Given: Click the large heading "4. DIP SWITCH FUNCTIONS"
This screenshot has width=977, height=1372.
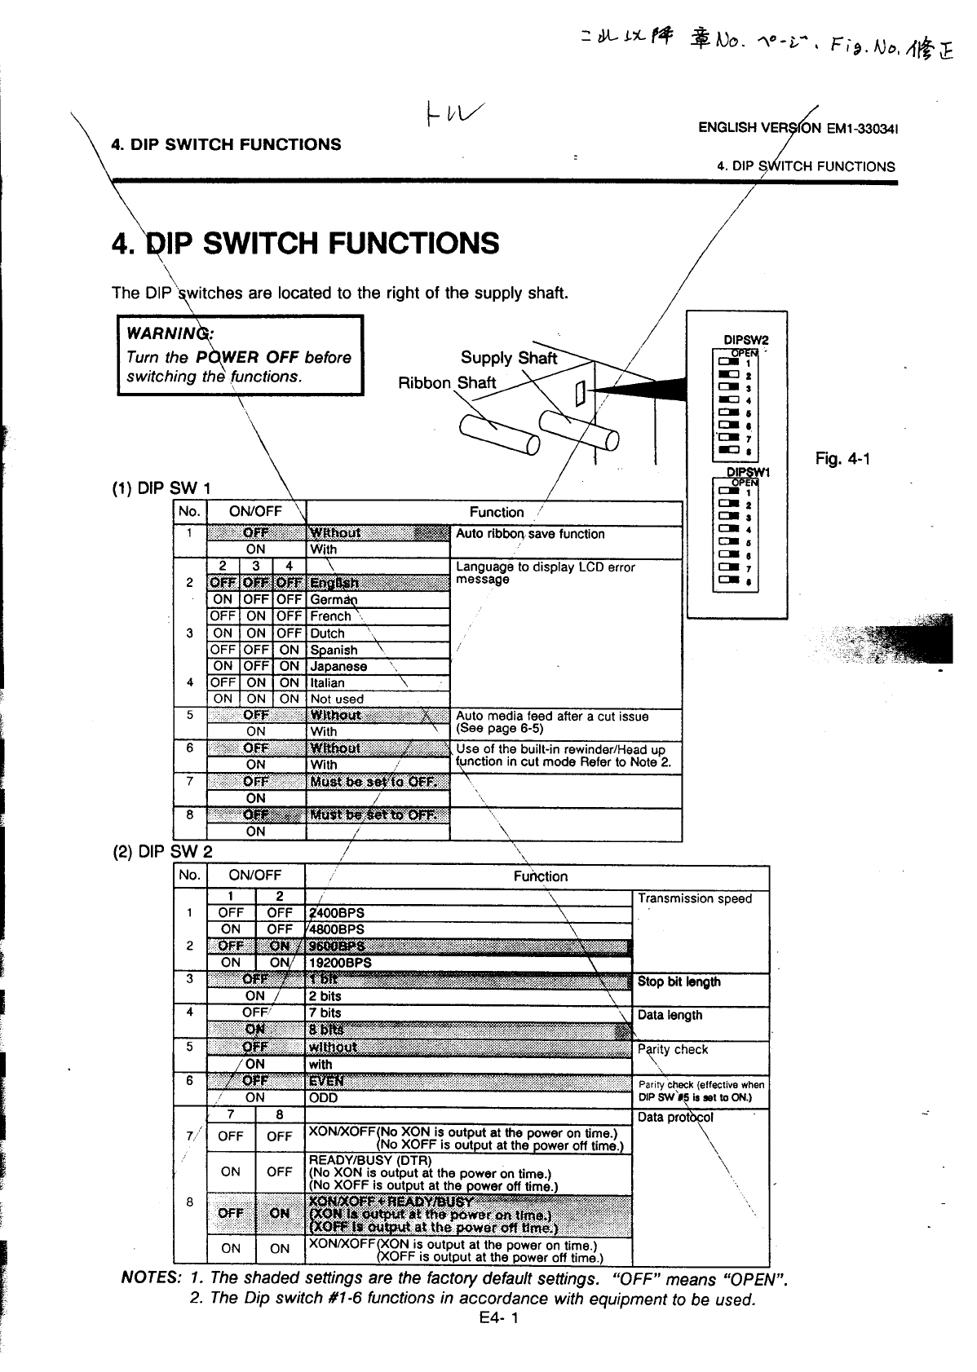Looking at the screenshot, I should (x=305, y=244).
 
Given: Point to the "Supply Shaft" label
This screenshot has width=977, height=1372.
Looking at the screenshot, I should (x=508, y=358).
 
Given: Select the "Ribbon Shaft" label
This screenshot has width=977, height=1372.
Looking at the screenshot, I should (x=446, y=383).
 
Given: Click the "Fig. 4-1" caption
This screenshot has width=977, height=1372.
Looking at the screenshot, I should (x=842, y=459).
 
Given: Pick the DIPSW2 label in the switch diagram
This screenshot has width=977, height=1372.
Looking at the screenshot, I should (x=745, y=340).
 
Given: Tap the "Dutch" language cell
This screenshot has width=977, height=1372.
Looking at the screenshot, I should (x=328, y=633).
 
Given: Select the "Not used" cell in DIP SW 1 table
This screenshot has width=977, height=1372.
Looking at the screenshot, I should (x=337, y=699).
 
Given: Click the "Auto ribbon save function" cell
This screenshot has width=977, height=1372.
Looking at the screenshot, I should (x=530, y=534).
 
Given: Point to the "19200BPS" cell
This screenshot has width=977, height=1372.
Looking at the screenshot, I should (x=340, y=963).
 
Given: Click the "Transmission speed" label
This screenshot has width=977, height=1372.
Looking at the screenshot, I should (x=695, y=898).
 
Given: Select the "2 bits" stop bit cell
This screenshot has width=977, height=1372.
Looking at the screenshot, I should (x=325, y=996).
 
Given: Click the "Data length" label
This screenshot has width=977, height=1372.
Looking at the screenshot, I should (x=670, y=1015).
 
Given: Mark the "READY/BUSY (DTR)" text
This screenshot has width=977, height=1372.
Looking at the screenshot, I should (x=369, y=1160).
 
